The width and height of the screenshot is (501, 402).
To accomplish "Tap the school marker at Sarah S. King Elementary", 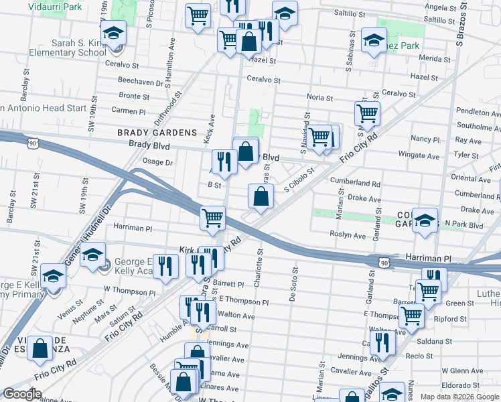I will pos(114,33).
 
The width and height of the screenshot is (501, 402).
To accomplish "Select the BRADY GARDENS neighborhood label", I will pos(157,133).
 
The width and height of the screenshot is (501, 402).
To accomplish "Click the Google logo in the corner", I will pos(23,394).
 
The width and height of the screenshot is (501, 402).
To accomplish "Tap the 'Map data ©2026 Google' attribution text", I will pos(459,397).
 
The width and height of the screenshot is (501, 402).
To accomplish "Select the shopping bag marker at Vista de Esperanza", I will pos(40,348).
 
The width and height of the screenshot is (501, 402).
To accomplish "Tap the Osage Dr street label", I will pos(158,162).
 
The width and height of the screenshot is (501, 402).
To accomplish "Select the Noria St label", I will pos(319,97).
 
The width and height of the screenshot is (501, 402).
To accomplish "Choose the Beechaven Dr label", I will pos(138,80).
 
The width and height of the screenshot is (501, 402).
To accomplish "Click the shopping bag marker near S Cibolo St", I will pos(261,196).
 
